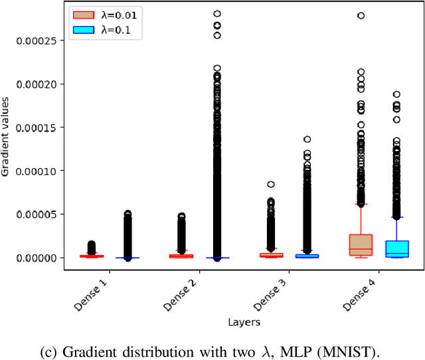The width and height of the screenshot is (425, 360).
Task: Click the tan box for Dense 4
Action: [x=361, y=244]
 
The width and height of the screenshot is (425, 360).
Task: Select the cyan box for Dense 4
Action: [x=397, y=248]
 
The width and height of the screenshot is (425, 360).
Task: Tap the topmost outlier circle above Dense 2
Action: [x=217, y=13]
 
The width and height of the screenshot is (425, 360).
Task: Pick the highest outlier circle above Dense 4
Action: [x=361, y=15]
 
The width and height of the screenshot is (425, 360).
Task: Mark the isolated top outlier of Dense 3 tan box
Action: [x=271, y=185]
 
